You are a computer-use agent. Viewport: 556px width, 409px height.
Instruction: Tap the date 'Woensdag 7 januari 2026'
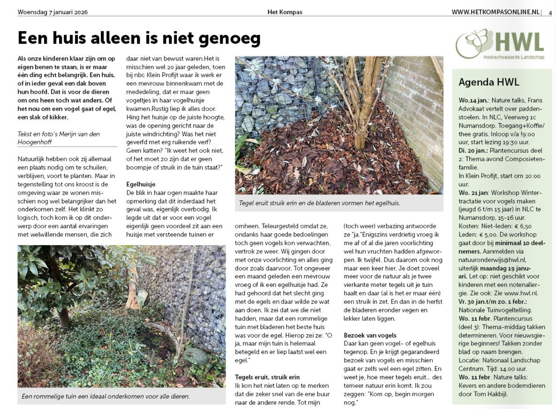52,12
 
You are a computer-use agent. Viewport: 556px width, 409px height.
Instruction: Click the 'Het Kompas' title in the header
285,12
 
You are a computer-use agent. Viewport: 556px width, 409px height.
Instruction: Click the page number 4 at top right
550,13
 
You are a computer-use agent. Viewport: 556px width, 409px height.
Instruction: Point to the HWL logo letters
519,43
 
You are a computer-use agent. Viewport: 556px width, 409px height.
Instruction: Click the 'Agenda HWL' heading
489,82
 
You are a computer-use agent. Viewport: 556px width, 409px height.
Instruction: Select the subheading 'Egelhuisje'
141,184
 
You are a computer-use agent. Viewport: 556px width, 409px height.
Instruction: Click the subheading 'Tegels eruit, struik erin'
267,377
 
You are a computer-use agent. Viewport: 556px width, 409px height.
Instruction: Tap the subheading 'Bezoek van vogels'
370,335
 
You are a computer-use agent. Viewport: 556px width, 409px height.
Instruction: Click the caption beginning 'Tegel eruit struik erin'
319,203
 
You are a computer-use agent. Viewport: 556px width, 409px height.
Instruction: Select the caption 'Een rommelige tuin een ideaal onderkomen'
105,396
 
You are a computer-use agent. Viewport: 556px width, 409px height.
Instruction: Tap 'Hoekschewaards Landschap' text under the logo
514,57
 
